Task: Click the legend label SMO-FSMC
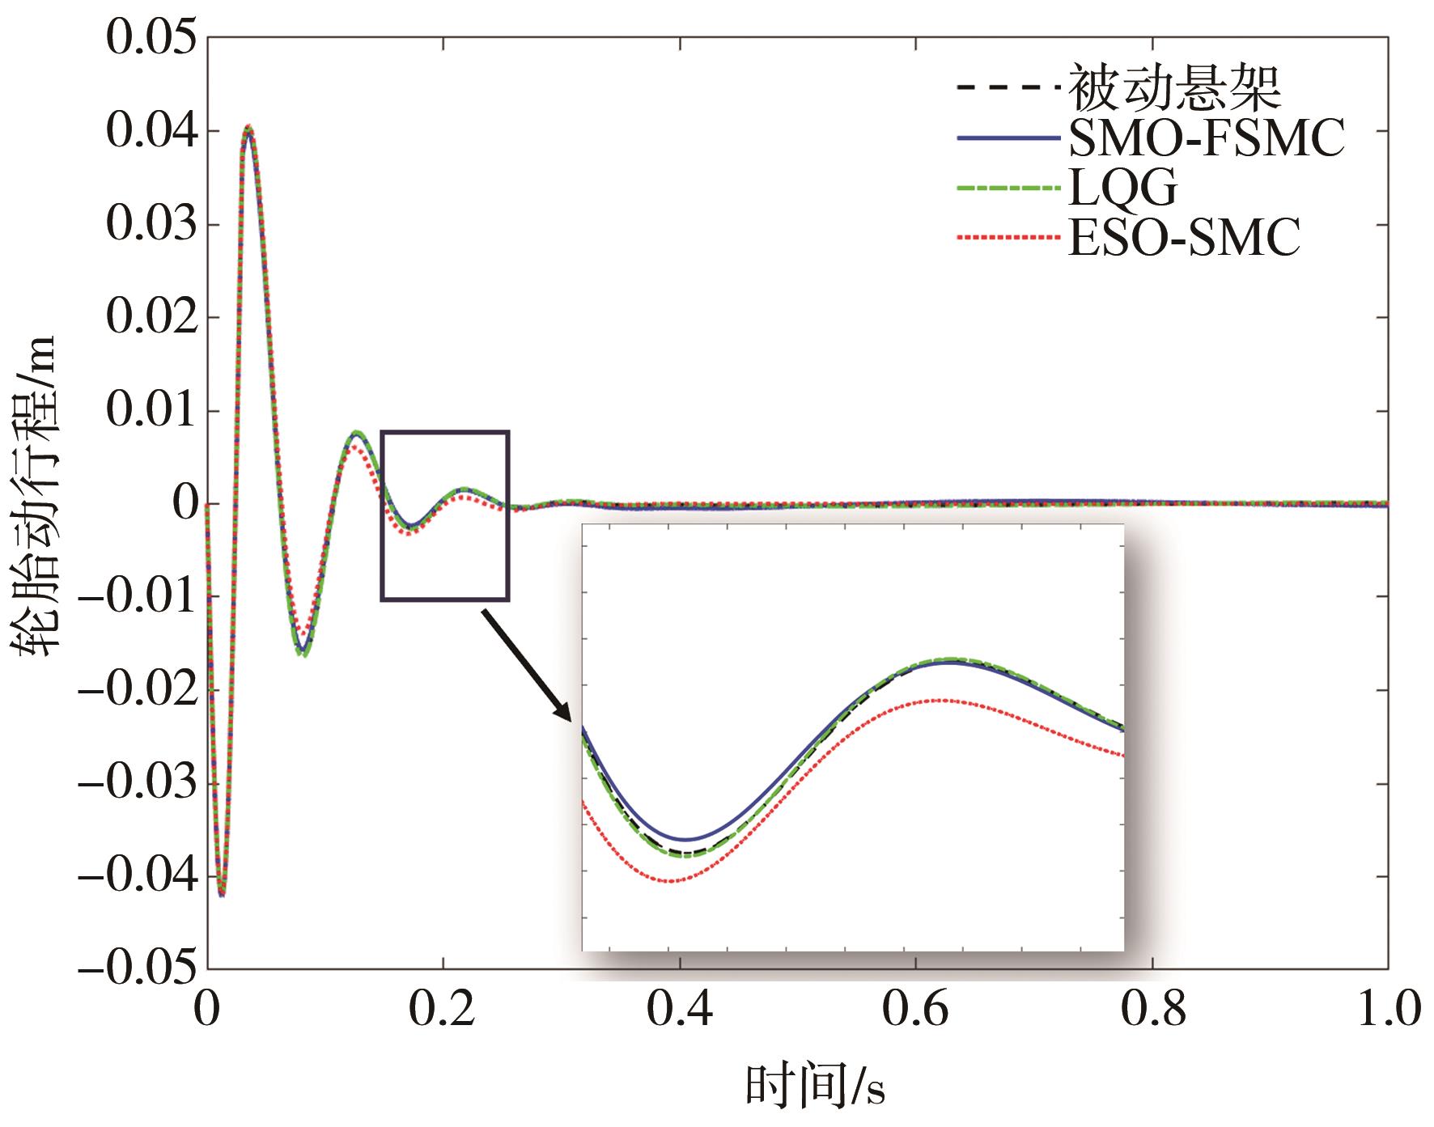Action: click(x=1207, y=140)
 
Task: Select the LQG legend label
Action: click(x=1122, y=189)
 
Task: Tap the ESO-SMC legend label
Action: click(x=1184, y=238)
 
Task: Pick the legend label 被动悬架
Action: click(x=1176, y=89)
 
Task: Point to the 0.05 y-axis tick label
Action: click(x=151, y=39)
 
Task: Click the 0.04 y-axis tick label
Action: click(x=151, y=132)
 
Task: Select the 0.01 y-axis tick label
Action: click(x=151, y=411)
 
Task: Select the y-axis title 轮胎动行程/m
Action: click(x=34, y=495)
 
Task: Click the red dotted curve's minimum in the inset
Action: click(x=671, y=881)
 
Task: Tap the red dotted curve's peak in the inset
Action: click(x=943, y=700)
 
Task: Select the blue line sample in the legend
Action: click(x=1008, y=140)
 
